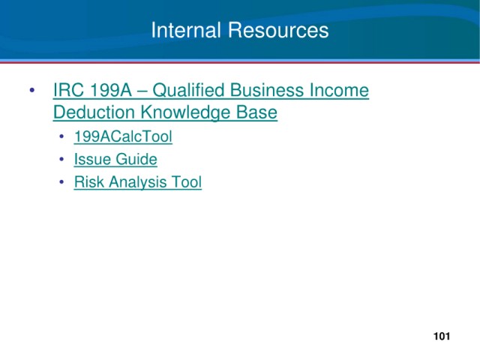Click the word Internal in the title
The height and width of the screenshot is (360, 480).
[x=186, y=30]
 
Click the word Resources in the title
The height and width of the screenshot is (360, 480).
[x=278, y=30]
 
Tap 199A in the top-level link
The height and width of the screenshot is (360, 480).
[x=111, y=90]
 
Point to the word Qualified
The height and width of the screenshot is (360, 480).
[x=188, y=91]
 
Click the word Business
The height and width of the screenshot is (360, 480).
[x=267, y=90]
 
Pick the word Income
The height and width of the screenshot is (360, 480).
[x=340, y=90]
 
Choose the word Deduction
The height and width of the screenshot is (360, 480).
[x=94, y=112]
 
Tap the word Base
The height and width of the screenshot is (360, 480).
[x=256, y=112]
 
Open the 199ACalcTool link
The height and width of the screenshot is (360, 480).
[x=123, y=136]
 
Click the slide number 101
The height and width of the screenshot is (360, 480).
[x=442, y=336]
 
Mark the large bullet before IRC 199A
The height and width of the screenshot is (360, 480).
[x=32, y=90]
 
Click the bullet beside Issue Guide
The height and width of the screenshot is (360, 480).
[x=61, y=159]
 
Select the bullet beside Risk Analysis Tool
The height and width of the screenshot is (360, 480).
[x=61, y=181]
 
